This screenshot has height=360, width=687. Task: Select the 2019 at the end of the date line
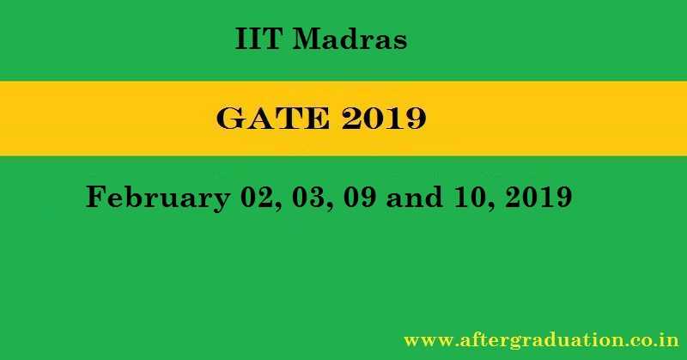coord(542,198)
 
